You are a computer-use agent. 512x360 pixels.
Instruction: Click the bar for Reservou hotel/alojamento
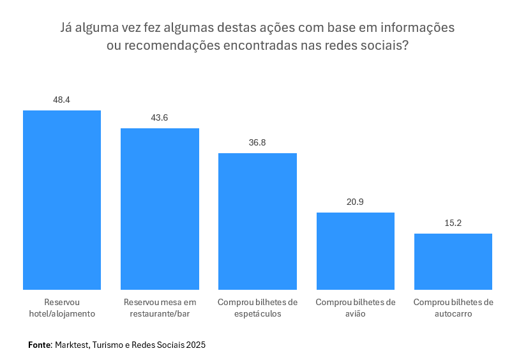click(62, 200)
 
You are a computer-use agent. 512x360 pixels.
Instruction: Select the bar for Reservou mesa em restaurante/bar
click(160, 209)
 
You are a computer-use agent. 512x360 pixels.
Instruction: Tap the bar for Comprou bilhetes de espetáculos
click(257, 221)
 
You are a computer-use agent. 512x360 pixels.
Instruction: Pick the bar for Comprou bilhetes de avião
click(356, 251)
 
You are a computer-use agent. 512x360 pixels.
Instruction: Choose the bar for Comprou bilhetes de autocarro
click(453, 262)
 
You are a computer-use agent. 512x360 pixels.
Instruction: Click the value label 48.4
click(62, 100)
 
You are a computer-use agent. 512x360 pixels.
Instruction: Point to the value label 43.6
click(160, 118)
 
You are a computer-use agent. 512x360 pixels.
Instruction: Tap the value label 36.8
click(257, 143)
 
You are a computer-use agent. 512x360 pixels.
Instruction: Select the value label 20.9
click(356, 202)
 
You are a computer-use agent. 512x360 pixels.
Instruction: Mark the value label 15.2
click(453, 223)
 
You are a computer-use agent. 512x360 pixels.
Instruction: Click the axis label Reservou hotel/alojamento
click(62, 308)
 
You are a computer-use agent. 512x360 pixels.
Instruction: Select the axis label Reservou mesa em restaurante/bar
click(160, 308)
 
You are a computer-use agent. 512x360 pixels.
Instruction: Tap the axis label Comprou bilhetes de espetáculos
click(257, 308)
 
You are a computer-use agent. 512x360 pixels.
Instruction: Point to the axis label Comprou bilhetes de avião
click(356, 308)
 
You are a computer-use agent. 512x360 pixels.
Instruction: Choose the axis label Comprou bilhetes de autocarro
click(453, 308)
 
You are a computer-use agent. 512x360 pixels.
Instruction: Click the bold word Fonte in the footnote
click(39, 345)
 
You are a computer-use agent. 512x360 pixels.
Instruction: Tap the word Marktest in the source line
click(72, 345)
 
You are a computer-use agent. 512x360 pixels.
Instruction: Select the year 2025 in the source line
click(196, 345)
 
